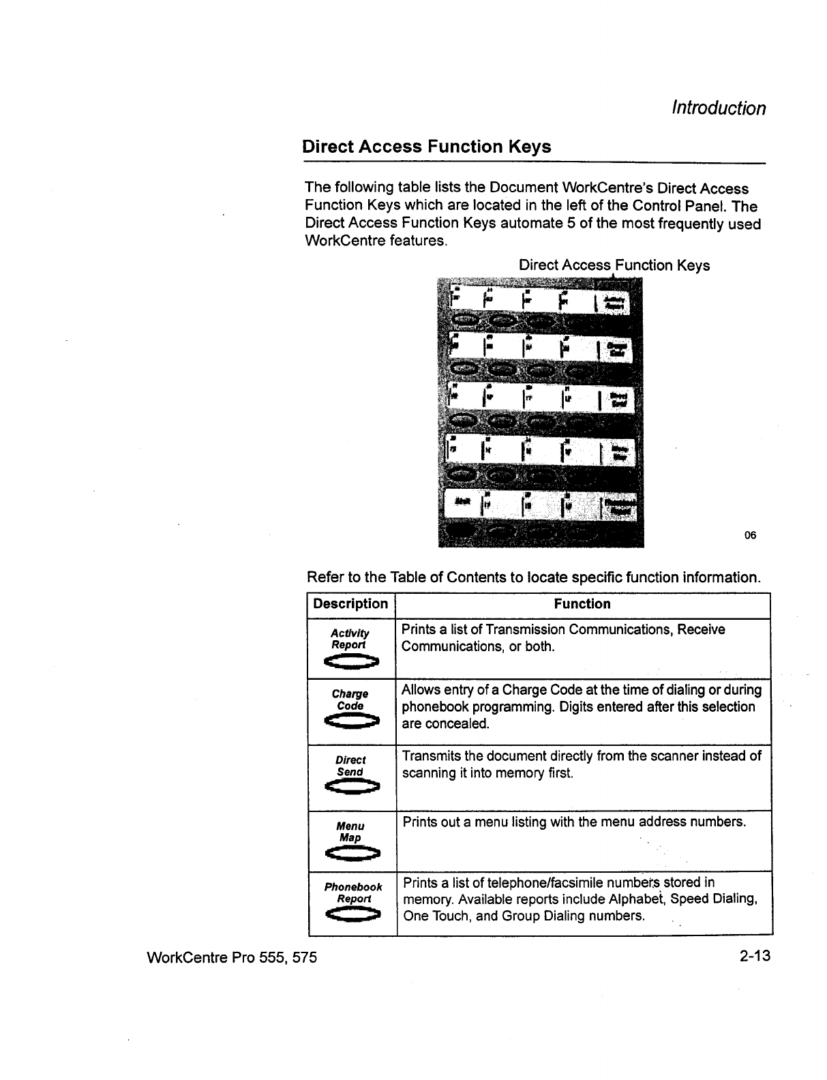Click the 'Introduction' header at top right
(x=718, y=108)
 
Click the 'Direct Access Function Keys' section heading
(x=426, y=147)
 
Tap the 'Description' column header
(x=350, y=604)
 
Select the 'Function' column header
(x=582, y=604)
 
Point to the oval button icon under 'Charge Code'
(x=351, y=720)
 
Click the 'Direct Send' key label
(x=350, y=766)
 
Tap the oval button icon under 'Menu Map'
(x=351, y=852)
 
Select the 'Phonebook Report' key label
(x=353, y=892)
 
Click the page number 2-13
(x=753, y=956)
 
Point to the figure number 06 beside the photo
(x=750, y=535)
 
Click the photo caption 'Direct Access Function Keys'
(x=614, y=265)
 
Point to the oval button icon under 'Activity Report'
(x=351, y=660)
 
